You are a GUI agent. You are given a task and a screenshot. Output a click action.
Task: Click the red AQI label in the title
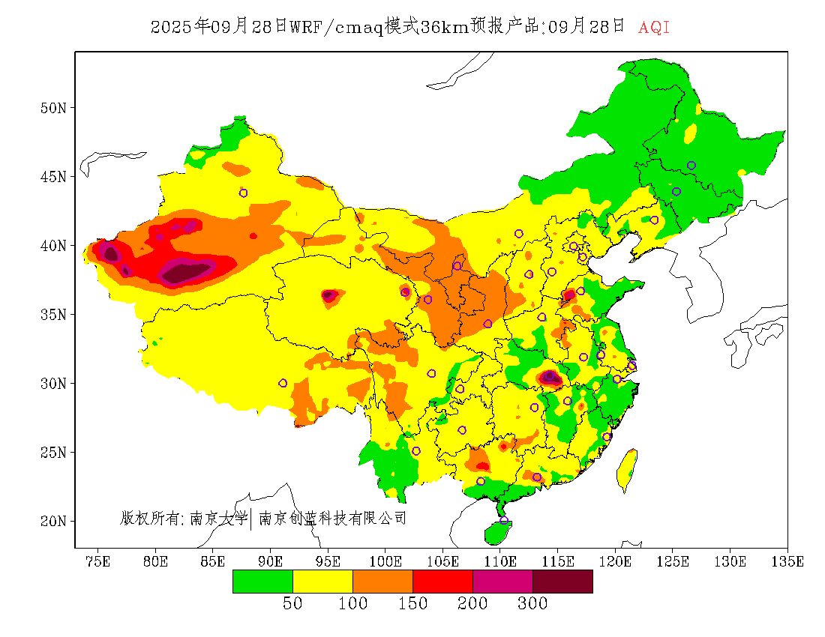tap(653, 28)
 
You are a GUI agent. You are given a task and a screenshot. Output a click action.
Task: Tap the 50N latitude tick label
tap(52, 108)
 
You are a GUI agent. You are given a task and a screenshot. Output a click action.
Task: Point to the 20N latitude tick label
tap(52, 521)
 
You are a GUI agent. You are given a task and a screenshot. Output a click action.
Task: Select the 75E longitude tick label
tap(98, 561)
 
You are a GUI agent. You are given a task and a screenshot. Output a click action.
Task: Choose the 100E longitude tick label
tap(385, 561)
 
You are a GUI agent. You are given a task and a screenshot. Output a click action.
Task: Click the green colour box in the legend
tap(262, 582)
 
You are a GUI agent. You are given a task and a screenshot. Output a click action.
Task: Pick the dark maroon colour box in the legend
tap(562, 582)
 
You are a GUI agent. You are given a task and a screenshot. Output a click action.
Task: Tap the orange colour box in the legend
tap(382, 582)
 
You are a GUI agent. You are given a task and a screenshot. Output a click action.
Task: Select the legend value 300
tap(532, 604)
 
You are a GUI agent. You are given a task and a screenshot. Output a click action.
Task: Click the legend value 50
tap(292, 604)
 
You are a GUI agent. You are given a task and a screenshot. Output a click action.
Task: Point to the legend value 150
tap(412, 604)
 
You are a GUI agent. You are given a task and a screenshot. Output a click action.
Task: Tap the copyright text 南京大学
tap(218, 518)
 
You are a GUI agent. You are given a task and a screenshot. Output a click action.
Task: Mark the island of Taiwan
tap(627, 468)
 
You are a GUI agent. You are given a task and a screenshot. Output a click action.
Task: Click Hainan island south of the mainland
tap(497, 532)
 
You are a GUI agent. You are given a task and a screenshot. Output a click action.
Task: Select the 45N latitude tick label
tap(52, 177)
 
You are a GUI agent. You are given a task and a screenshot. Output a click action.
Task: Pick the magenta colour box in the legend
tap(502, 582)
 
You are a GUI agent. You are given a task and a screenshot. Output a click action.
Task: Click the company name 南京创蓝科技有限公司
tap(332, 518)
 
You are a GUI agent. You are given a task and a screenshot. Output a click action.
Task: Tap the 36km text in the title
tap(444, 28)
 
